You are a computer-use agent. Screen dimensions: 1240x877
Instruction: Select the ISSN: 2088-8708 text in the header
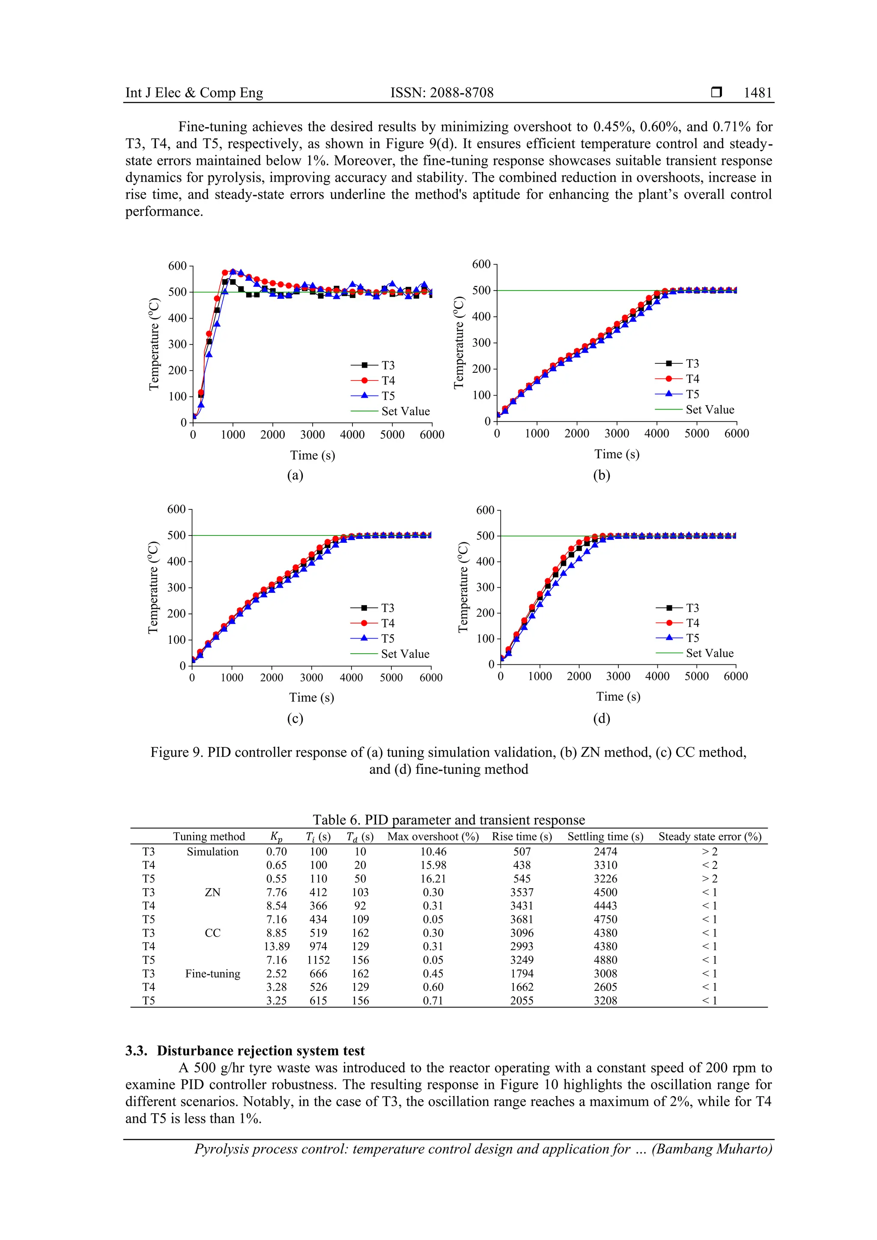coord(441,93)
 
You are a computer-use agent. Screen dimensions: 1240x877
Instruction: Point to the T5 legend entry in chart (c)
coord(388,638)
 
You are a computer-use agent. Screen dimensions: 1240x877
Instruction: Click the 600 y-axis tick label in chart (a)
coord(177,266)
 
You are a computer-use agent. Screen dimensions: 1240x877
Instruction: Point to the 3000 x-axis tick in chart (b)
coord(617,434)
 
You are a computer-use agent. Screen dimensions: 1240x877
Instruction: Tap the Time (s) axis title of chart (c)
coord(312,698)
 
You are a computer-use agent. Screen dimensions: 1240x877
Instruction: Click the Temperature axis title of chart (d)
coord(463,586)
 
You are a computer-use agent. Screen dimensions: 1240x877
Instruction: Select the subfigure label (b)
coord(601,475)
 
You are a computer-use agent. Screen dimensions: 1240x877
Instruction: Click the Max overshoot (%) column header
coord(433,836)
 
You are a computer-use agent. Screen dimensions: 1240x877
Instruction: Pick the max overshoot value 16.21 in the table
coord(433,879)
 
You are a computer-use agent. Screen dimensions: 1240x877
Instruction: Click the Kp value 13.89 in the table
coord(277,946)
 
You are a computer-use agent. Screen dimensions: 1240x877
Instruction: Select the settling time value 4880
coord(605,960)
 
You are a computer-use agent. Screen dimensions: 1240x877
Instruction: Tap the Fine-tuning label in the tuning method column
coord(212,974)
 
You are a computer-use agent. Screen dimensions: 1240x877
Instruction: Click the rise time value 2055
coord(522,1001)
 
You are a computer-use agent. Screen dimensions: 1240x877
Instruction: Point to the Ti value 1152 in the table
coord(318,960)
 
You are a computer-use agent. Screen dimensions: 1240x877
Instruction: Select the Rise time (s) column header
coord(522,836)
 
